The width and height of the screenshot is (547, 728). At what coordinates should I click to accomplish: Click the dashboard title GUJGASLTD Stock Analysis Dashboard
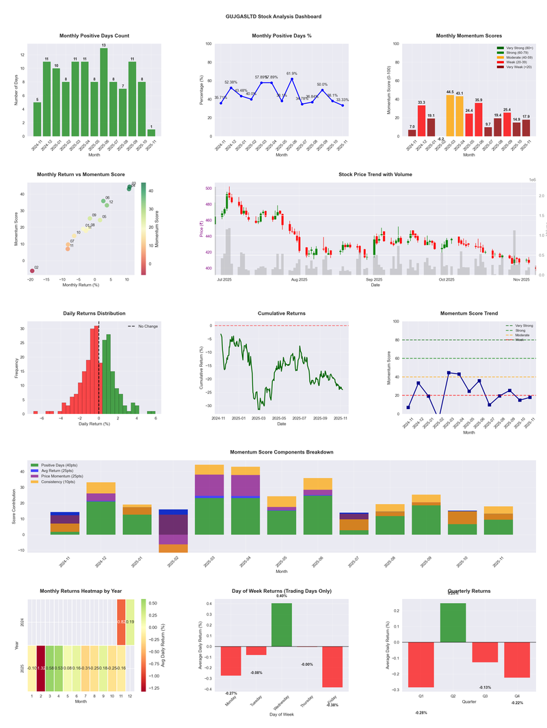(273, 16)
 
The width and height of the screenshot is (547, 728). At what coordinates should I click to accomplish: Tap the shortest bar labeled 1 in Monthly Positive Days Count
(151, 132)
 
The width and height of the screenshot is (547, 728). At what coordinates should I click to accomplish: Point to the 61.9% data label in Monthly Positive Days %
(292, 73)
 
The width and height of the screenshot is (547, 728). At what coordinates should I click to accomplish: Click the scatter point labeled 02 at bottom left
(31, 271)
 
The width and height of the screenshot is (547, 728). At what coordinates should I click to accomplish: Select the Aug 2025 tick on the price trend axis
(299, 279)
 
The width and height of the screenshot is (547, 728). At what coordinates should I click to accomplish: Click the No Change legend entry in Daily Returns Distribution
(148, 326)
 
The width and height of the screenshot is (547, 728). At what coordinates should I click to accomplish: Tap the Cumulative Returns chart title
(282, 313)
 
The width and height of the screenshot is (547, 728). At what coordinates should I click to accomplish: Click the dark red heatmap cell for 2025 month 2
(41, 668)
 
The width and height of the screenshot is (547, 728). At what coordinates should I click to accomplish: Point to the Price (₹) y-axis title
(202, 230)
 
